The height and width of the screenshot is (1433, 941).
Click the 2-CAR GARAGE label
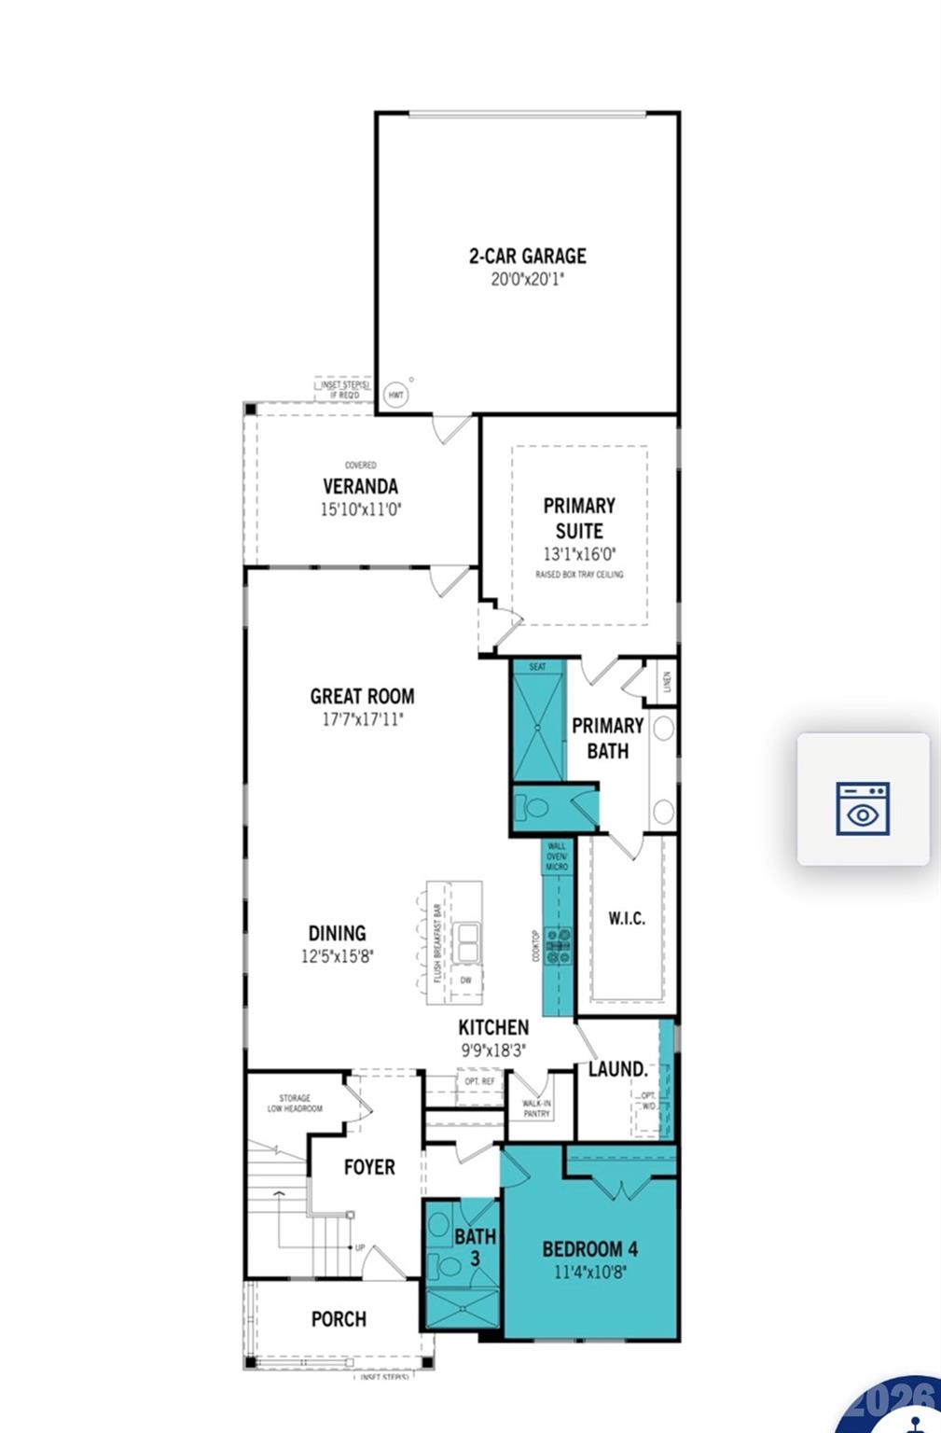click(x=527, y=256)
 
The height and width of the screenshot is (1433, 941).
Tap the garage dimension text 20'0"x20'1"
click(x=527, y=279)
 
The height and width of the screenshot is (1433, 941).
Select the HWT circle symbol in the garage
click(x=396, y=395)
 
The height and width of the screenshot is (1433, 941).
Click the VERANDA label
click(x=360, y=486)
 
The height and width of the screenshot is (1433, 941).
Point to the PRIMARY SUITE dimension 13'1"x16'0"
click(x=579, y=554)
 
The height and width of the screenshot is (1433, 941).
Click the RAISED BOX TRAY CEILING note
click(x=579, y=575)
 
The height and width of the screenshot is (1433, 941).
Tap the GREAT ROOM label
click(x=362, y=696)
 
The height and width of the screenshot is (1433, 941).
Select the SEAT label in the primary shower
click(x=538, y=667)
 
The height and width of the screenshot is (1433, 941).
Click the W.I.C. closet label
click(x=627, y=918)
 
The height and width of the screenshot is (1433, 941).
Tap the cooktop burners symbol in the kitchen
click(x=560, y=946)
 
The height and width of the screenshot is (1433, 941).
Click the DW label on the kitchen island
click(x=465, y=981)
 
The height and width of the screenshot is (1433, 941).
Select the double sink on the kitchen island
click(x=466, y=942)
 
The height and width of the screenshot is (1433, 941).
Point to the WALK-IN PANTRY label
click(x=536, y=1108)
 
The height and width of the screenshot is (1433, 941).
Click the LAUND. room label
click(x=617, y=1069)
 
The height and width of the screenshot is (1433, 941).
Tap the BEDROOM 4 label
click(x=590, y=1249)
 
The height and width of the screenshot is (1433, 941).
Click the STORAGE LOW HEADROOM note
click(x=295, y=1104)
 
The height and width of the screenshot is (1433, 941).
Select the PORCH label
click(x=339, y=1319)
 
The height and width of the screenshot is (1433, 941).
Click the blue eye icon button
click(x=863, y=808)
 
